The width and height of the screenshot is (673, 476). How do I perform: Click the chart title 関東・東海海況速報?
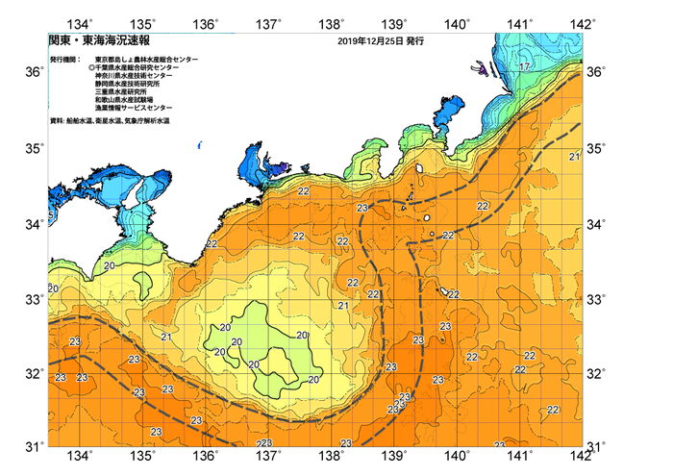pyautogui.click(x=94, y=41)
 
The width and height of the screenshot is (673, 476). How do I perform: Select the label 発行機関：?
pyautogui.click(x=67, y=60)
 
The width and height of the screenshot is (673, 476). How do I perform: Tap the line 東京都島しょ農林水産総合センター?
pyautogui.click(x=146, y=60)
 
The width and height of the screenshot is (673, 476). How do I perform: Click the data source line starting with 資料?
pyautogui.click(x=110, y=122)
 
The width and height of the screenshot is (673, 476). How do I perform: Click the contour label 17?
pyautogui.click(x=523, y=66)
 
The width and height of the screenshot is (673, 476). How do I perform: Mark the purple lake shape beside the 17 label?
pyautogui.click(x=479, y=68)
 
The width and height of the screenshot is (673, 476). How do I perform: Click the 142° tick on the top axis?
pyautogui.click(x=584, y=22)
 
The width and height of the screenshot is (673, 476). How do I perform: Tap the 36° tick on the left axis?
pyautogui.click(x=35, y=72)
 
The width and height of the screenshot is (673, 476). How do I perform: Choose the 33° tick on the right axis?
pyautogui.click(x=596, y=299)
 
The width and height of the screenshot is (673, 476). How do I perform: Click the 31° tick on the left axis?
pyautogui.click(x=35, y=446)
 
